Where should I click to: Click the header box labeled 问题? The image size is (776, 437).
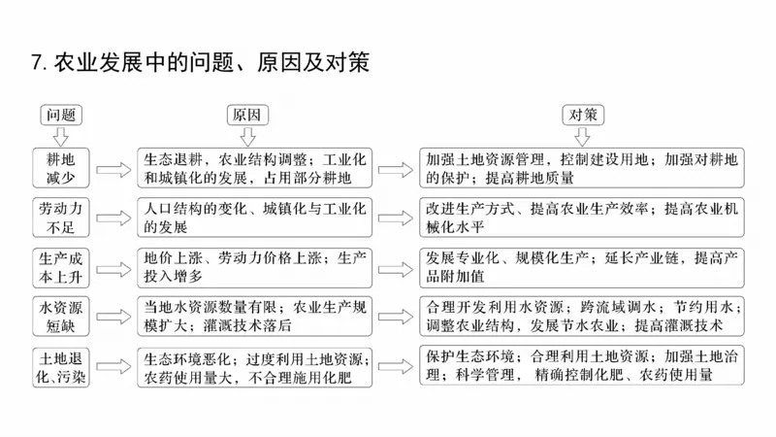(60, 114)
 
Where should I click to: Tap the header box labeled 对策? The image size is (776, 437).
(584, 114)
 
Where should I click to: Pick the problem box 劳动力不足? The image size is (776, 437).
(60, 218)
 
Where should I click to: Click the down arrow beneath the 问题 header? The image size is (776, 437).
(60, 135)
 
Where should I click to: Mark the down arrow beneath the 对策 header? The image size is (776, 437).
(584, 135)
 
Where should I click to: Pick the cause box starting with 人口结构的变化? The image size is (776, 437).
(254, 218)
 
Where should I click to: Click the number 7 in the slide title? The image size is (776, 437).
(36, 63)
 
